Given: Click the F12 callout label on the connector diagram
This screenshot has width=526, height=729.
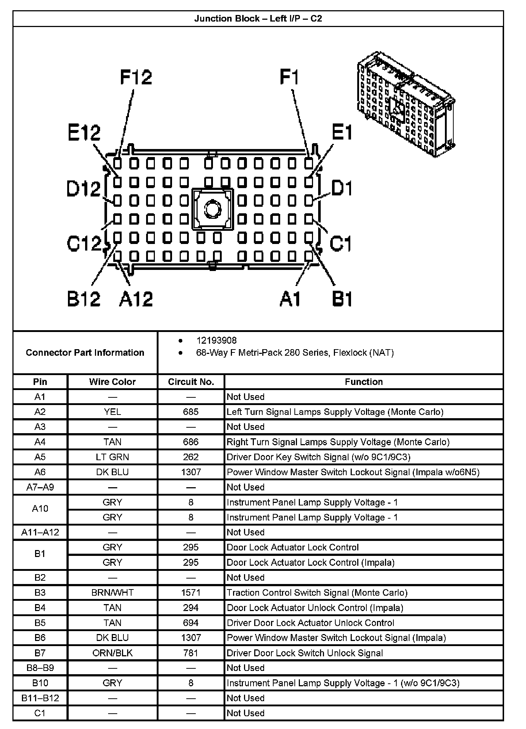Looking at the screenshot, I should pyautogui.click(x=136, y=77).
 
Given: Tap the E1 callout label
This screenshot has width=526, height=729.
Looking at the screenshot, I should pyautogui.click(x=342, y=132).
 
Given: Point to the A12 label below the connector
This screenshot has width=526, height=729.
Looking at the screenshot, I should pyautogui.click(x=136, y=299).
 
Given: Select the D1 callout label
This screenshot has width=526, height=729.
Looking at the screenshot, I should pyautogui.click(x=342, y=188).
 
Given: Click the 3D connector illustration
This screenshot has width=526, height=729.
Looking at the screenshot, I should pyautogui.click(x=405, y=104).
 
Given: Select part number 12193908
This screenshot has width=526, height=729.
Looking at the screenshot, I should pyautogui.click(x=216, y=340).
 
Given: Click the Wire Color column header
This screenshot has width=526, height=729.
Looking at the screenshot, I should pyautogui.click(x=112, y=382).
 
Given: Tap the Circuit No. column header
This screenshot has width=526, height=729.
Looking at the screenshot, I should pyautogui.click(x=191, y=382).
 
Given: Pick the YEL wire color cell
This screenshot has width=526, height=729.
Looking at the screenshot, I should pyautogui.click(x=112, y=412).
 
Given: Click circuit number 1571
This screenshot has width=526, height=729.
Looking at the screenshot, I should pyautogui.click(x=191, y=592).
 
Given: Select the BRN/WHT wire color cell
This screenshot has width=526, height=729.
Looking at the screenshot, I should pyautogui.click(x=112, y=592).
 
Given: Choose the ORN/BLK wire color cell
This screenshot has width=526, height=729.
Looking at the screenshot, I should pyautogui.click(x=112, y=653).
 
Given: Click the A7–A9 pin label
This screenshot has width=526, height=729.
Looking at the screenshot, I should pyautogui.click(x=40, y=487).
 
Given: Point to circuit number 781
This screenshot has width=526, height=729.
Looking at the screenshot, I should pyautogui.click(x=191, y=653).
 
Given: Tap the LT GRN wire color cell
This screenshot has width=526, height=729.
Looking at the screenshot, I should pyautogui.click(x=112, y=457).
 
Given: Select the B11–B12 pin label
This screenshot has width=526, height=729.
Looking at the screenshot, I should pyautogui.click(x=40, y=698).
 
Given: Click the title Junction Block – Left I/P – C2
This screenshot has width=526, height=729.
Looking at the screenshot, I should pyautogui.click(x=258, y=19).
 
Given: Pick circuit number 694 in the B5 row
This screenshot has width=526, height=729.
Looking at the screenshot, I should pyautogui.click(x=191, y=623).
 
